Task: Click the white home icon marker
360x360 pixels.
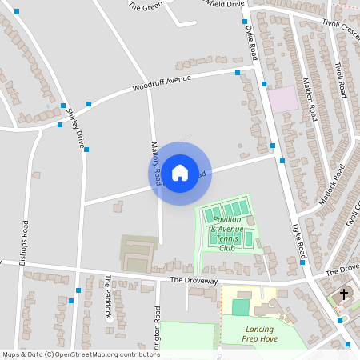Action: point(180,173)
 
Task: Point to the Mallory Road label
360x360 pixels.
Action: point(157,164)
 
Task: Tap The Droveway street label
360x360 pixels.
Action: point(194,281)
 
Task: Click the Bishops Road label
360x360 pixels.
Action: point(25,240)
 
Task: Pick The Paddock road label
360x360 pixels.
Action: point(107,297)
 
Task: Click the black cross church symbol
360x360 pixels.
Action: point(344,294)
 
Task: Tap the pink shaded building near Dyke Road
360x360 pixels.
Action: point(282,100)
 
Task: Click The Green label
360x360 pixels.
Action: point(145,6)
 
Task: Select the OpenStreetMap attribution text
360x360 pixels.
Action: point(81,354)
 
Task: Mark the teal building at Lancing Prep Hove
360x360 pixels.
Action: point(240,306)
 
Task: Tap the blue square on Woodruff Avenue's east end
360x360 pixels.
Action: point(238,74)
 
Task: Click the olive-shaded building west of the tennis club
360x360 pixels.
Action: point(134,250)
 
